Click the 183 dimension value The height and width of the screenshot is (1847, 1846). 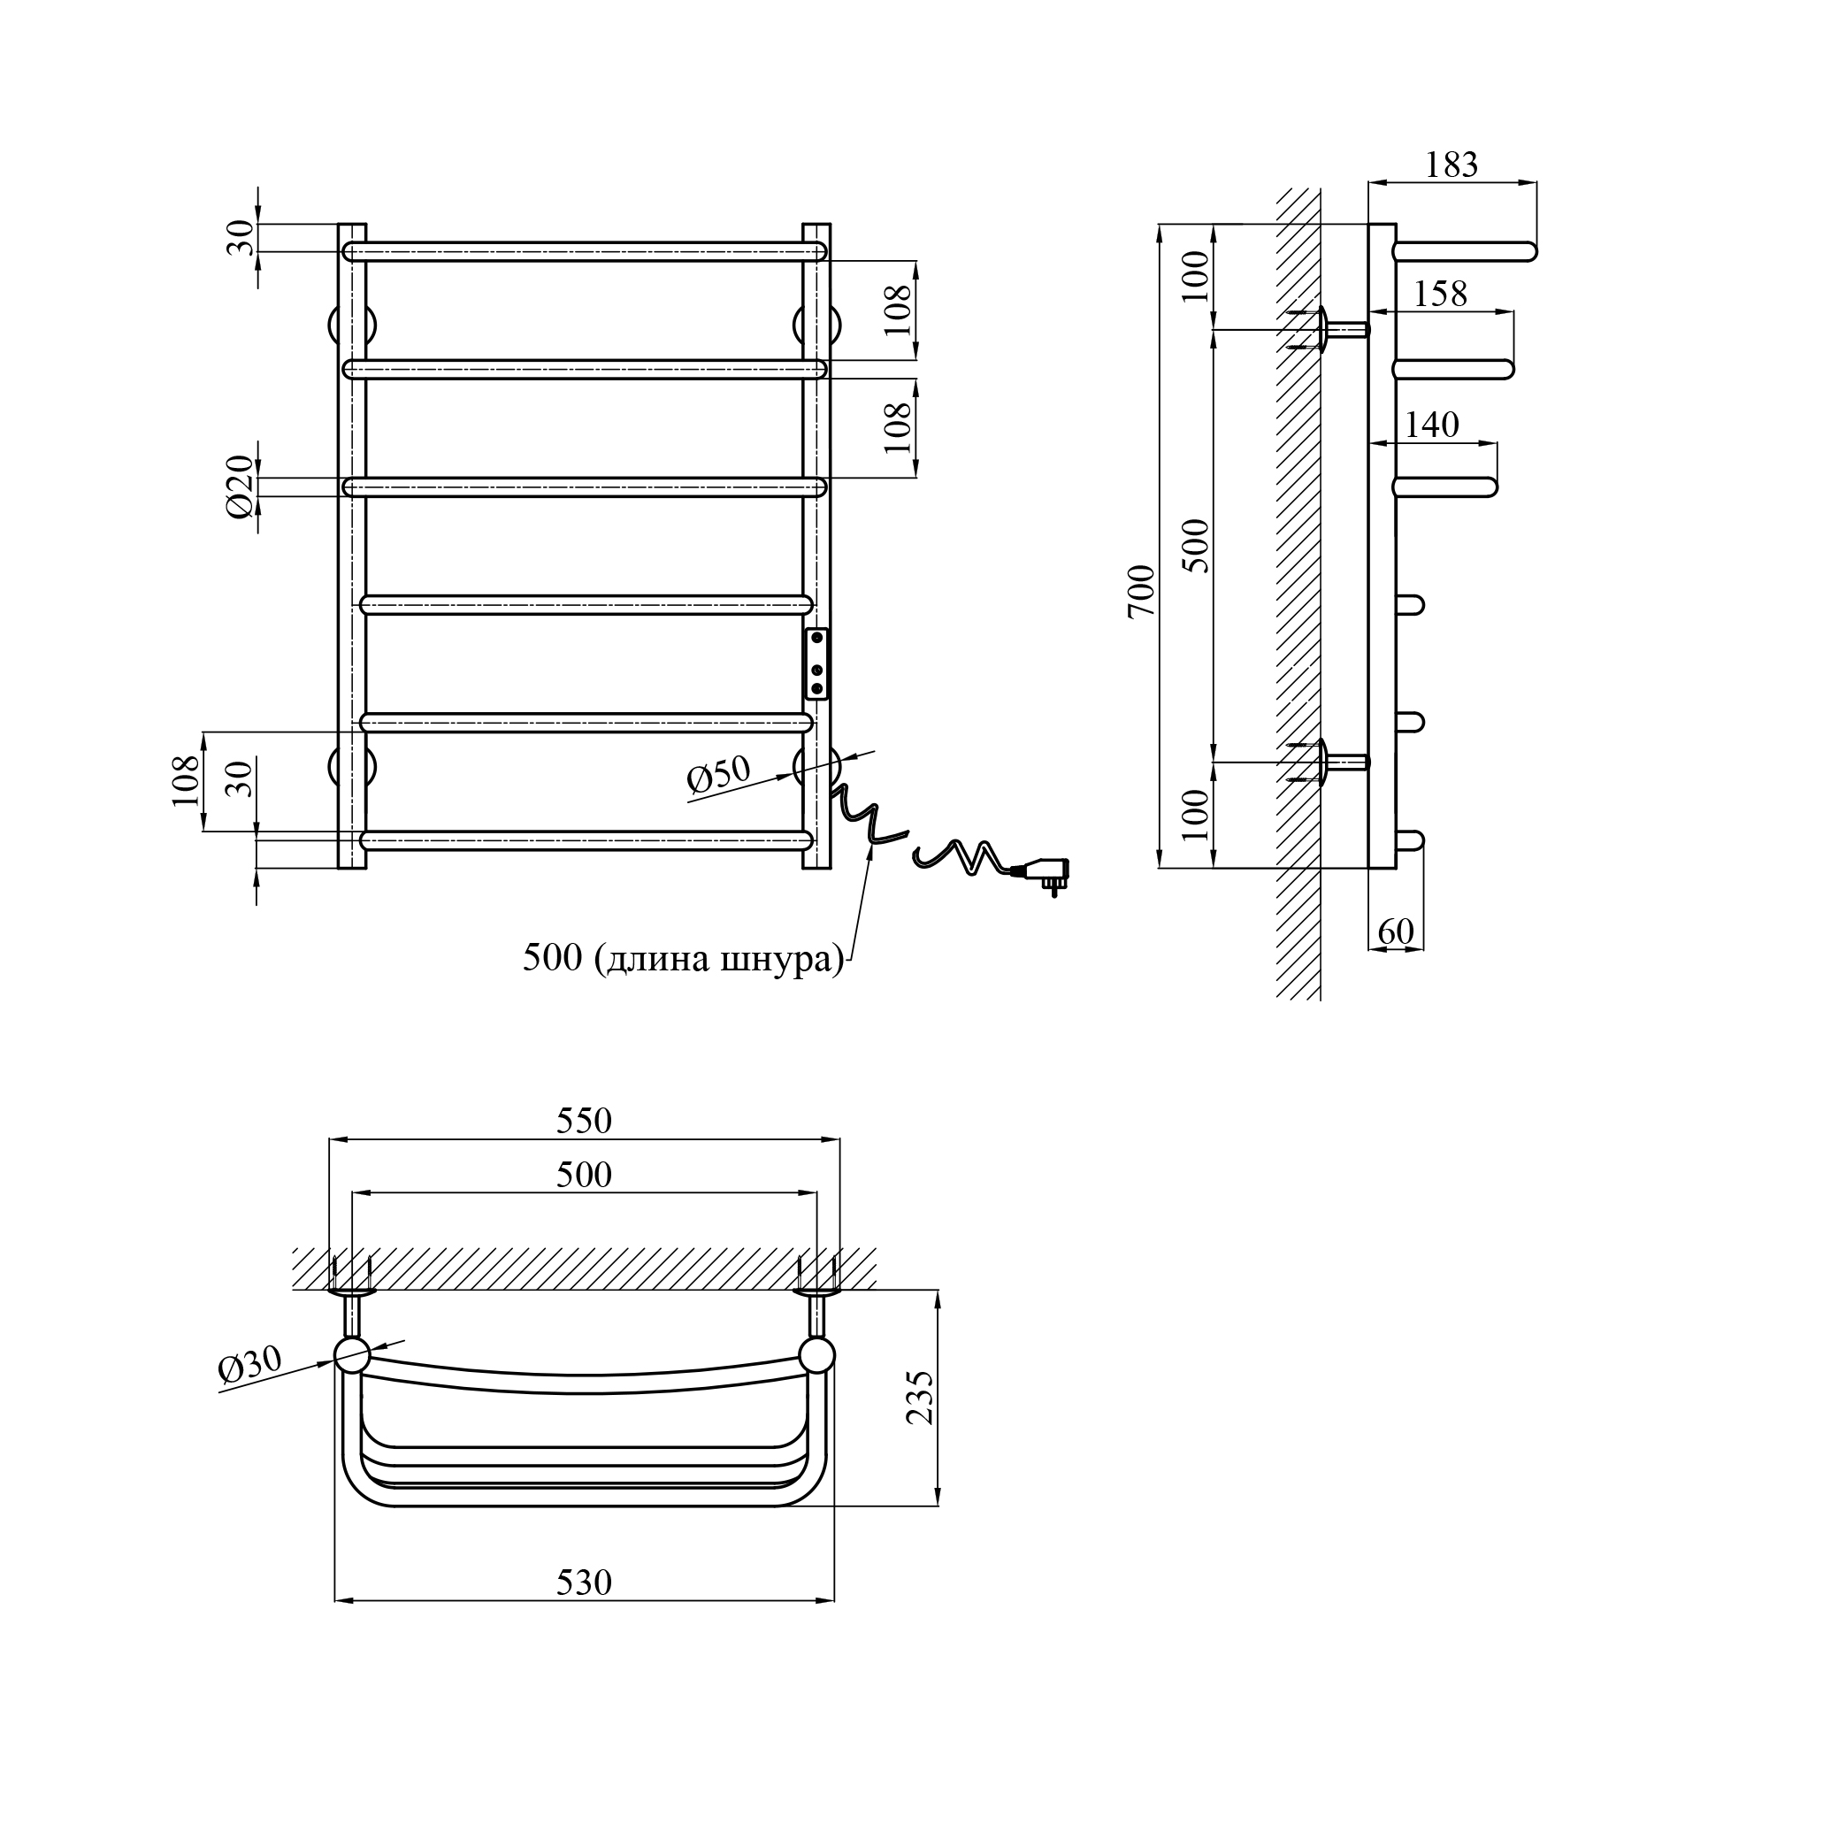[x=1452, y=165]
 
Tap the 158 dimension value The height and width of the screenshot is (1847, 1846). [x=1440, y=294]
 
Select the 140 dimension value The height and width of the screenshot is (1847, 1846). [x=1432, y=425]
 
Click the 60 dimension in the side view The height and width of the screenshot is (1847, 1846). [x=1396, y=931]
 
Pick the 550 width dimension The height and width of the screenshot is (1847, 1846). [x=584, y=1121]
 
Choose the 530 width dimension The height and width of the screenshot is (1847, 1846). [x=584, y=1583]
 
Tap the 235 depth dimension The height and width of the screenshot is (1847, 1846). [x=919, y=1397]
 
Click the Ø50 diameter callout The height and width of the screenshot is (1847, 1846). [x=719, y=774]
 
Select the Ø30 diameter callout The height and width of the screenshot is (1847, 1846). [x=250, y=1364]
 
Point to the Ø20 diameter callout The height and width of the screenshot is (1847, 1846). [x=241, y=487]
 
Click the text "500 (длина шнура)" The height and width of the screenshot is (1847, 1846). [x=684, y=957]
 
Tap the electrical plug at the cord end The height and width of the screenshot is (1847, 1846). [x=1046, y=874]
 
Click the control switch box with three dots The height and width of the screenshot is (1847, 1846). [x=817, y=664]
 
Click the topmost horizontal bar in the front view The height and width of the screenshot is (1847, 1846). [x=584, y=251]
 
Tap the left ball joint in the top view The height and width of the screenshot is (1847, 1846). [x=352, y=1354]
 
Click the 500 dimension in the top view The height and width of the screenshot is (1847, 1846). [x=584, y=1174]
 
